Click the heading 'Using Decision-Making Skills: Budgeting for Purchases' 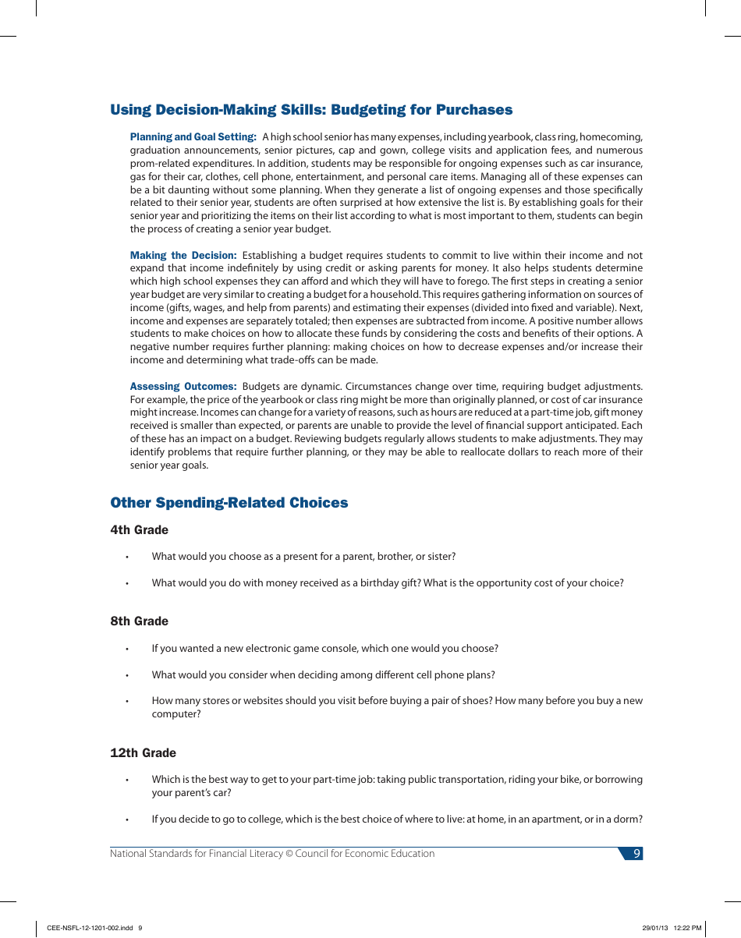coord(311,110)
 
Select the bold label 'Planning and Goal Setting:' coord(193,137)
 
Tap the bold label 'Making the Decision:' coord(183,256)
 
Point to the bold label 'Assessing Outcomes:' coord(183,387)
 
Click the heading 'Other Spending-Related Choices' coord(229,503)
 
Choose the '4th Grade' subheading coord(139,530)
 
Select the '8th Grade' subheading coord(139,621)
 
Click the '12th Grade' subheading coord(143,753)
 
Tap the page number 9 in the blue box coord(636,854)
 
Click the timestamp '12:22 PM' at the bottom coord(687,928)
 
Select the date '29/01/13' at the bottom coord(655,928)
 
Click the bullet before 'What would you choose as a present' coord(126,557)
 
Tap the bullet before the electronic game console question coord(126,650)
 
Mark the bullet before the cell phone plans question coord(126,676)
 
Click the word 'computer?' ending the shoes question coord(176,714)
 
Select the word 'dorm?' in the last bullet coord(629,819)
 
